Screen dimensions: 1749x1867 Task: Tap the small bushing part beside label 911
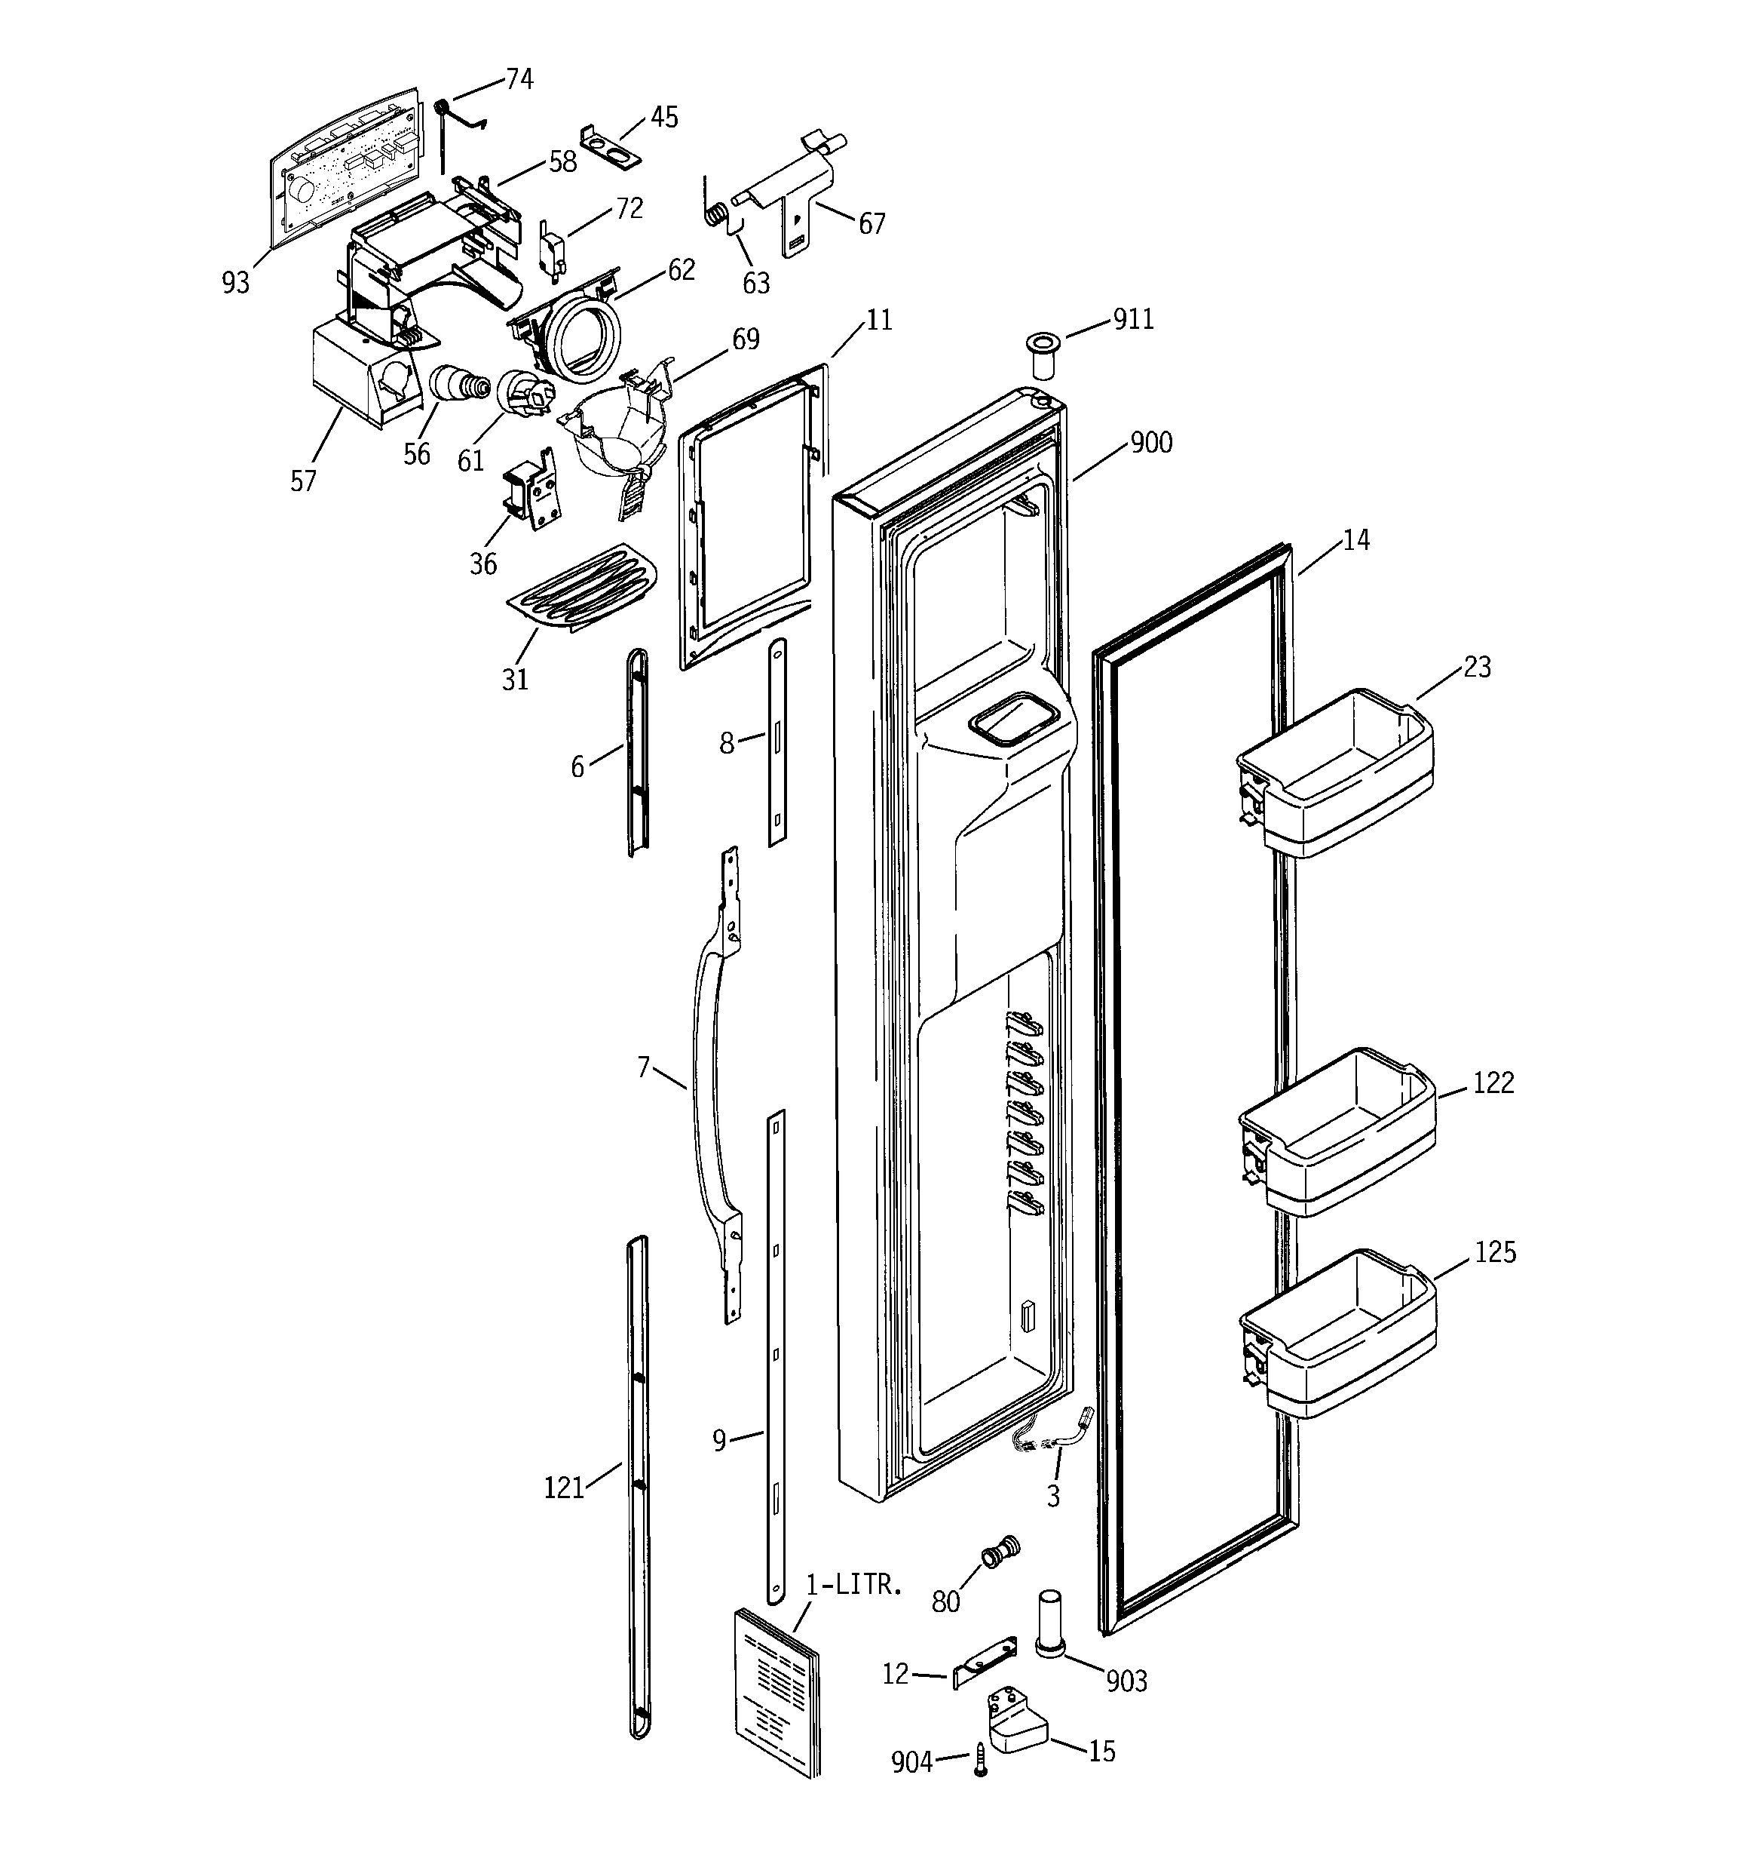pyautogui.click(x=1041, y=352)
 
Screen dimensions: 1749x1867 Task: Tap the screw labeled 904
pyautogui.click(x=980, y=1758)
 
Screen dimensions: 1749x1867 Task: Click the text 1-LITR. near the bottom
pyautogui.click(x=854, y=1586)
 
